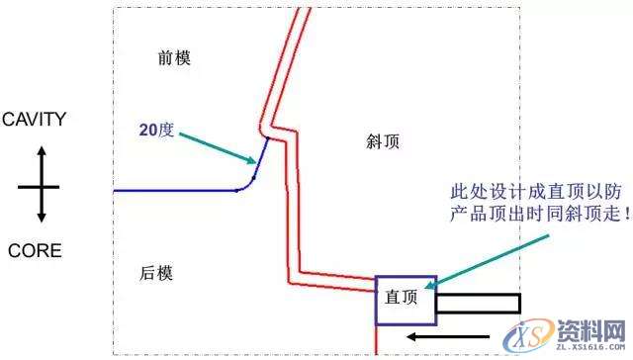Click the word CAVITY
[x=34, y=121]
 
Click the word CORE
[x=34, y=251]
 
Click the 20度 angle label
[x=154, y=129]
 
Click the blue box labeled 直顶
[x=404, y=299]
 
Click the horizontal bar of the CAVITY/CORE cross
[x=40, y=186]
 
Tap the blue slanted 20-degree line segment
[x=260, y=157]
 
